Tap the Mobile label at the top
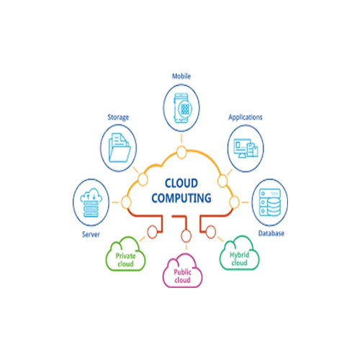pos(181,76)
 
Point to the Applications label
pos(246,116)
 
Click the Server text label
pos(89,234)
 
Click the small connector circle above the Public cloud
pos(186,237)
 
